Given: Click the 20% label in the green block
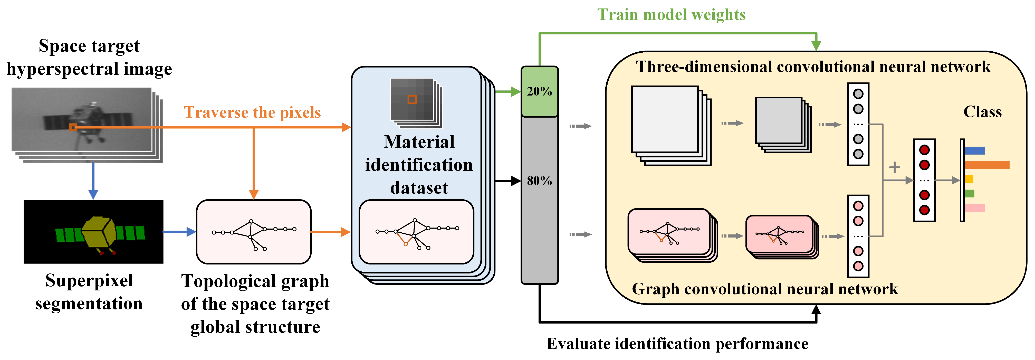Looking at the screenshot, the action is click(539, 92).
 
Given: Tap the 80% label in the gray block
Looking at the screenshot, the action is click(539, 181).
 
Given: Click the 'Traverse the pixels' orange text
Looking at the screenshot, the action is click(252, 112).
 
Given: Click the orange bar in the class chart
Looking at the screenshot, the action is click(987, 165).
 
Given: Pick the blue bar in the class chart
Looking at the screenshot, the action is click(974, 151).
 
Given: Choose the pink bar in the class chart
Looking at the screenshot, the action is click(974, 208).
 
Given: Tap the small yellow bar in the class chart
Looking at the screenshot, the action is click(969, 179).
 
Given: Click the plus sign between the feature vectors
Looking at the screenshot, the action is click(894, 167).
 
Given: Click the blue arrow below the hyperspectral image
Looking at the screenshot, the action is click(93, 181).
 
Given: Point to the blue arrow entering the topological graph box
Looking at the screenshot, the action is click(179, 232).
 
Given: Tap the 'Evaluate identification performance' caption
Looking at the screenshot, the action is click(677, 344).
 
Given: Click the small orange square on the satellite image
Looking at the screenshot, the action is click(73, 127).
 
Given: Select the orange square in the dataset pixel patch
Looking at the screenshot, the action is click(412, 99).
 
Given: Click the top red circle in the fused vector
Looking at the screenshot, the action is click(925, 150).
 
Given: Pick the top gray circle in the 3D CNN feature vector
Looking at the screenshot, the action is click(858, 94).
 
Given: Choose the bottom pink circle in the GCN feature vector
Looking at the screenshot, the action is click(858, 266).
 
